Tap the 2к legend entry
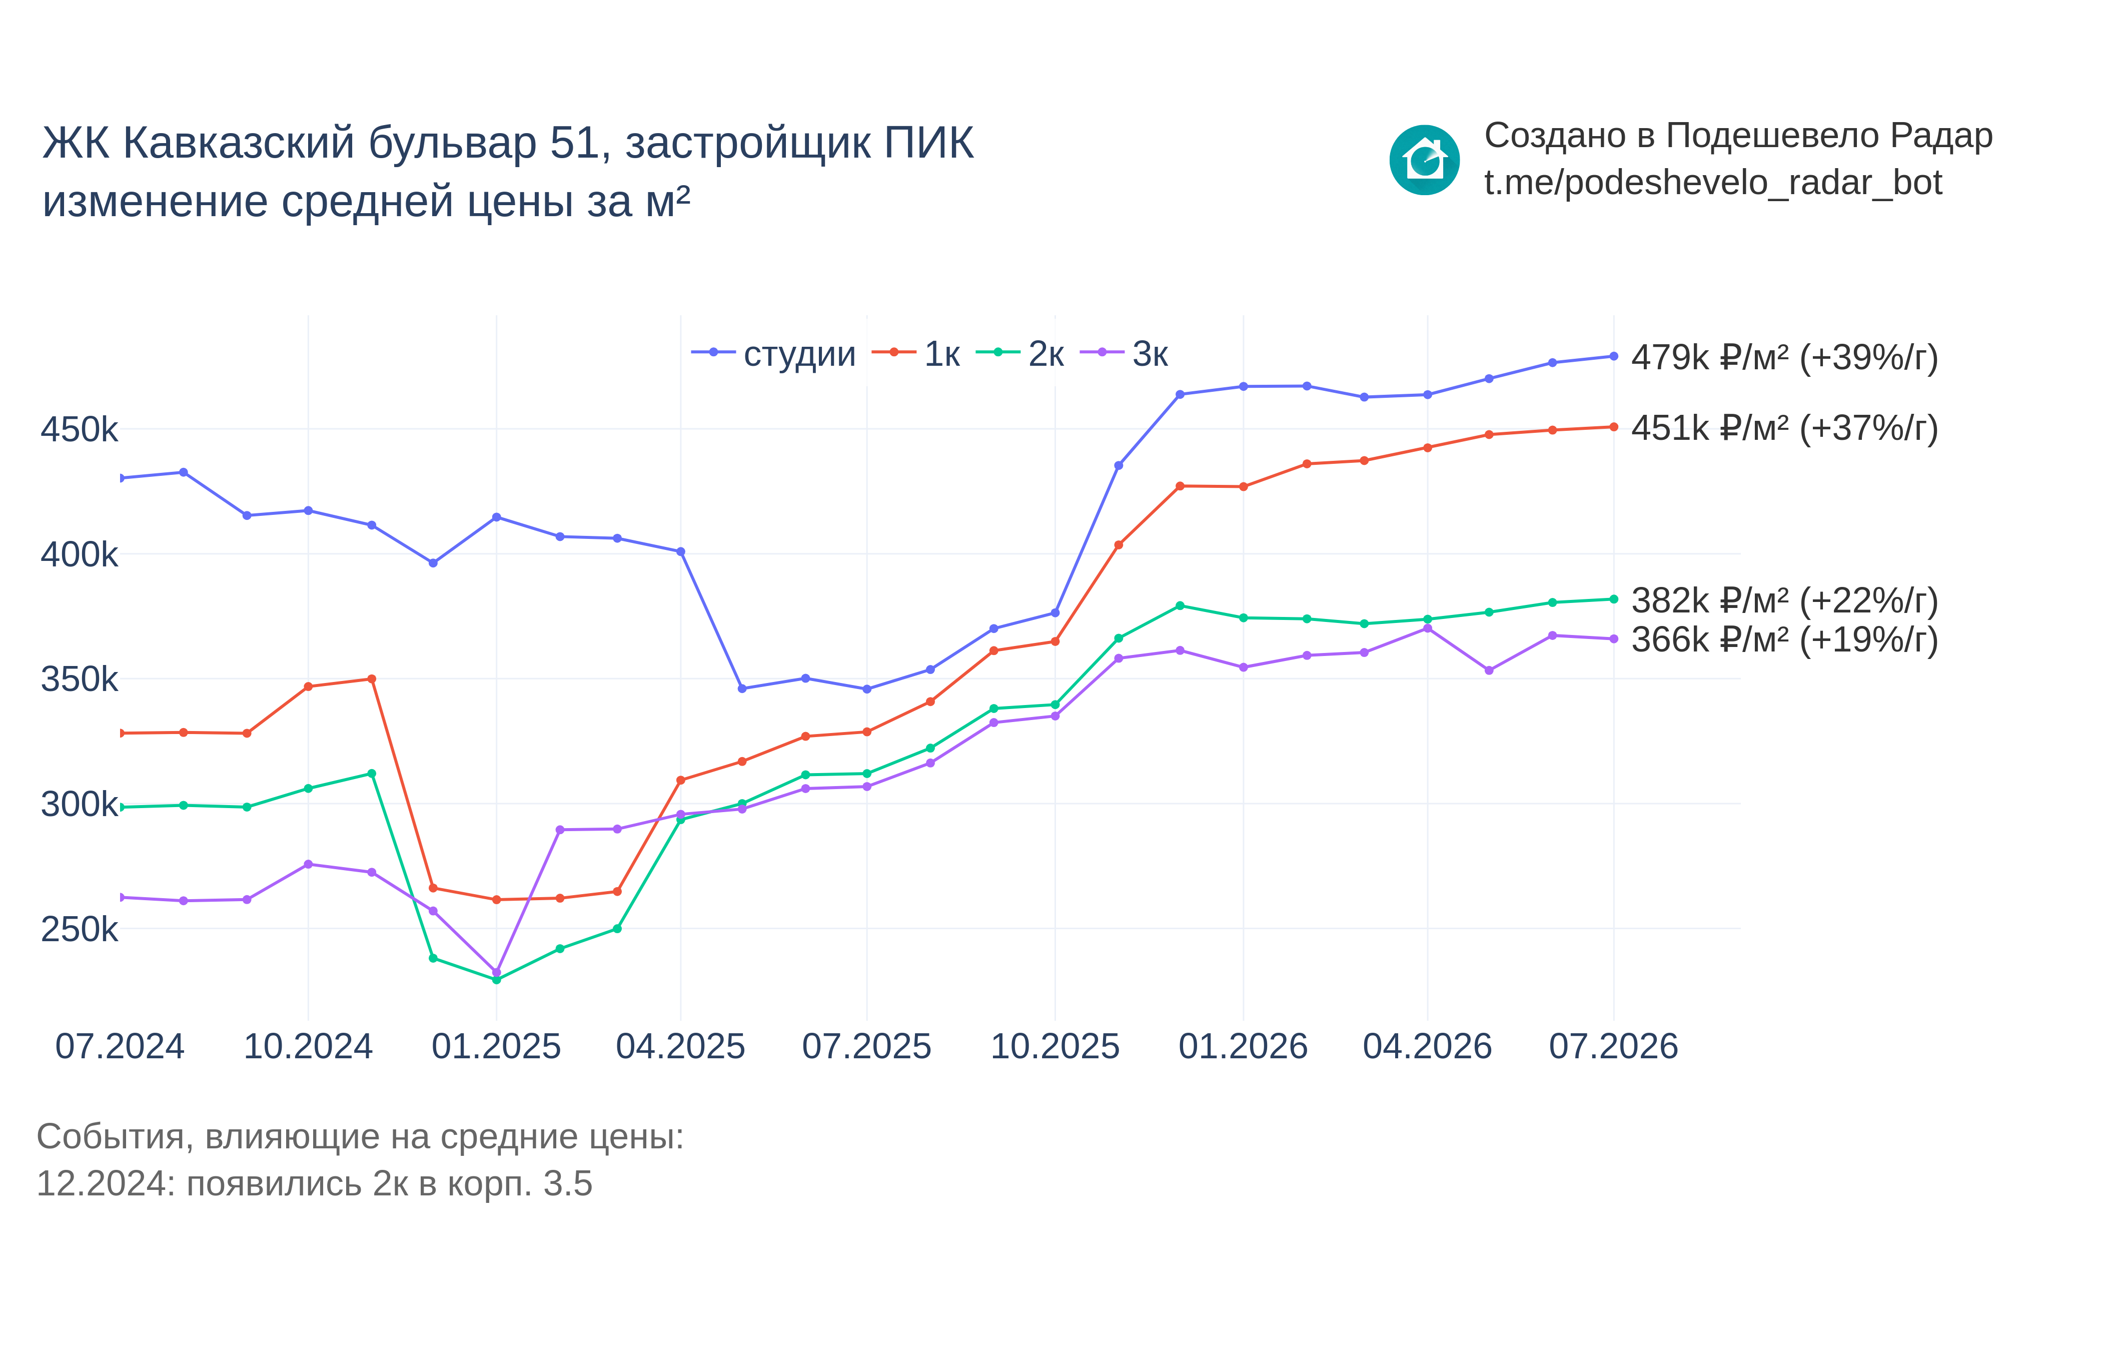[x=1020, y=354]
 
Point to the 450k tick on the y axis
[x=79, y=430]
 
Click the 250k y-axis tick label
[x=79, y=929]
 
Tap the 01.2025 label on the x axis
[x=496, y=1047]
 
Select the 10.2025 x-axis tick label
[x=1055, y=1047]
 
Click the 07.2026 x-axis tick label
[x=1613, y=1047]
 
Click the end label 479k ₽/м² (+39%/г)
[x=1784, y=358]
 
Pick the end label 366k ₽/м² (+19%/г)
[x=1784, y=639]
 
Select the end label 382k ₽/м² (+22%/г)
[x=1784, y=601]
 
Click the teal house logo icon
[x=1424, y=160]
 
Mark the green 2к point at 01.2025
[x=496, y=980]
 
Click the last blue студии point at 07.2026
[x=1613, y=356]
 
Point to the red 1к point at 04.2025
[x=680, y=780]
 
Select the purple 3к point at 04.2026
[x=1428, y=628]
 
